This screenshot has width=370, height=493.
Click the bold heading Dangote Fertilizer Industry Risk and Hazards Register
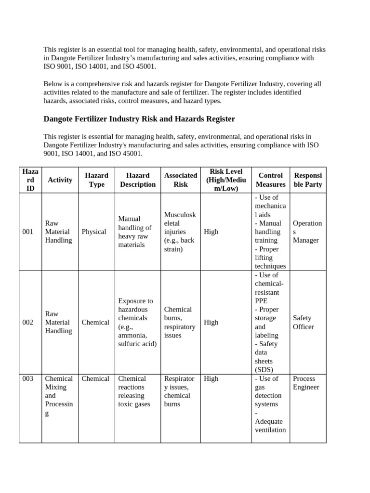click(139, 118)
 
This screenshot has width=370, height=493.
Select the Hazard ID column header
click(30, 180)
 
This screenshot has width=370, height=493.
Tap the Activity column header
click(60, 180)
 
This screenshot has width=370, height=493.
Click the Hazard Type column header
click(96, 180)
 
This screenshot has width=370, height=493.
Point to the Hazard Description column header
click(138, 180)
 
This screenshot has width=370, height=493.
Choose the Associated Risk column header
click(181, 180)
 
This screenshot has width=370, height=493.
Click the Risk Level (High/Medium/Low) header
click(226, 180)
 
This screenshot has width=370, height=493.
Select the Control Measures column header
click(270, 180)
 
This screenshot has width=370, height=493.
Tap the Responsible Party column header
click(308, 180)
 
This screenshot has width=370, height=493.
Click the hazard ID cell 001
click(28, 232)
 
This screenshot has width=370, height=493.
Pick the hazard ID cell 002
click(28, 322)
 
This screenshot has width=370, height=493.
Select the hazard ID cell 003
click(28, 378)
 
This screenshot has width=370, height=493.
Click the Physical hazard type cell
click(94, 232)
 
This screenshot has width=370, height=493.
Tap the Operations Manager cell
click(307, 232)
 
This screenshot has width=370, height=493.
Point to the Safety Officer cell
click(304, 322)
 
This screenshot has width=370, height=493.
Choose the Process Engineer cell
click(306, 383)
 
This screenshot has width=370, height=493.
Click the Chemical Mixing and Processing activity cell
click(59, 396)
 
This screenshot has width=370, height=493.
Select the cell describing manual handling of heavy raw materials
click(135, 232)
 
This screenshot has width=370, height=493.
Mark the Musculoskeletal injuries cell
click(180, 232)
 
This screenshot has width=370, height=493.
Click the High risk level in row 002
click(211, 322)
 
